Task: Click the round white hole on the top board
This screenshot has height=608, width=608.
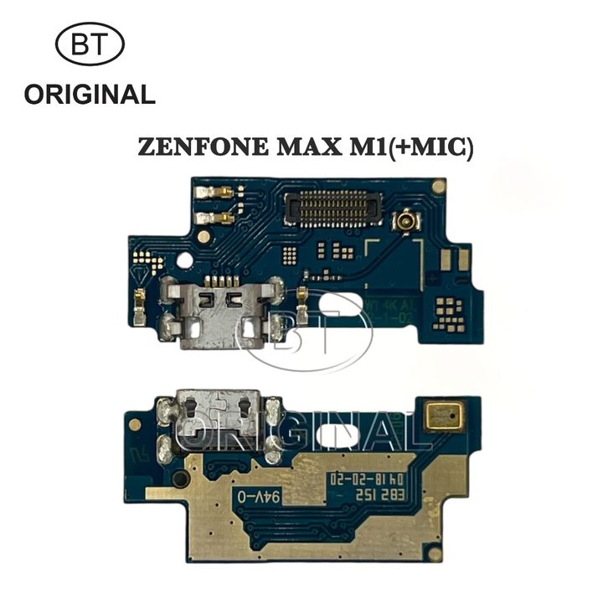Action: (x=183, y=260)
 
